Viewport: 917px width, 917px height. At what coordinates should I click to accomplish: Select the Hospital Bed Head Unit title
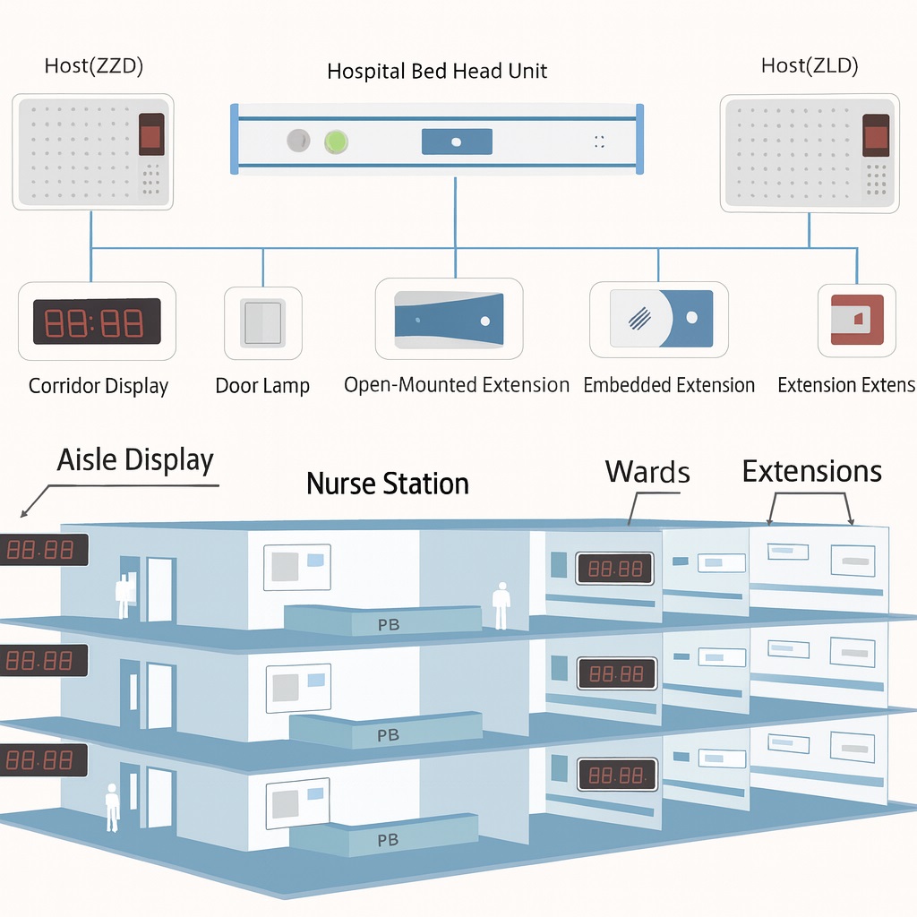[x=437, y=71]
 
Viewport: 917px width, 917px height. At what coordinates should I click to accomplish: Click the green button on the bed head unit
[x=336, y=141]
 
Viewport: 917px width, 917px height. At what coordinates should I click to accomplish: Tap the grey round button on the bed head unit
[x=298, y=141]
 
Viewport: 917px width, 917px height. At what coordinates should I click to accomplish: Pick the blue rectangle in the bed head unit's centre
[x=456, y=141]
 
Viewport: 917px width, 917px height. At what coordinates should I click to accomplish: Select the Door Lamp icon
[x=262, y=322]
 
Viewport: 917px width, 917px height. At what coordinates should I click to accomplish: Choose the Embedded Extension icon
[x=660, y=318]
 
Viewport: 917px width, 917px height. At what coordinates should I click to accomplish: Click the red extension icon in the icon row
[x=857, y=320]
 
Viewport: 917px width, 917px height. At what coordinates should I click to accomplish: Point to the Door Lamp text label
[x=262, y=386]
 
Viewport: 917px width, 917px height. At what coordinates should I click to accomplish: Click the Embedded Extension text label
[x=669, y=385]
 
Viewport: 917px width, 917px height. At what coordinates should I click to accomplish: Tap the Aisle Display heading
[x=135, y=460]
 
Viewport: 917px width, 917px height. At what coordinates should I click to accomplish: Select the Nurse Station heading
[x=388, y=484]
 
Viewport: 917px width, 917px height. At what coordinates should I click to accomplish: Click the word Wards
[x=647, y=471]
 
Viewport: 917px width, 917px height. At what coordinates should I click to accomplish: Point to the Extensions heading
[x=811, y=471]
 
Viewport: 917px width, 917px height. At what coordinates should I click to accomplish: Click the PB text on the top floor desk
[x=389, y=625]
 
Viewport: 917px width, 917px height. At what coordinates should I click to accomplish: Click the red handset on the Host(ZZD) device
[x=150, y=136]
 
